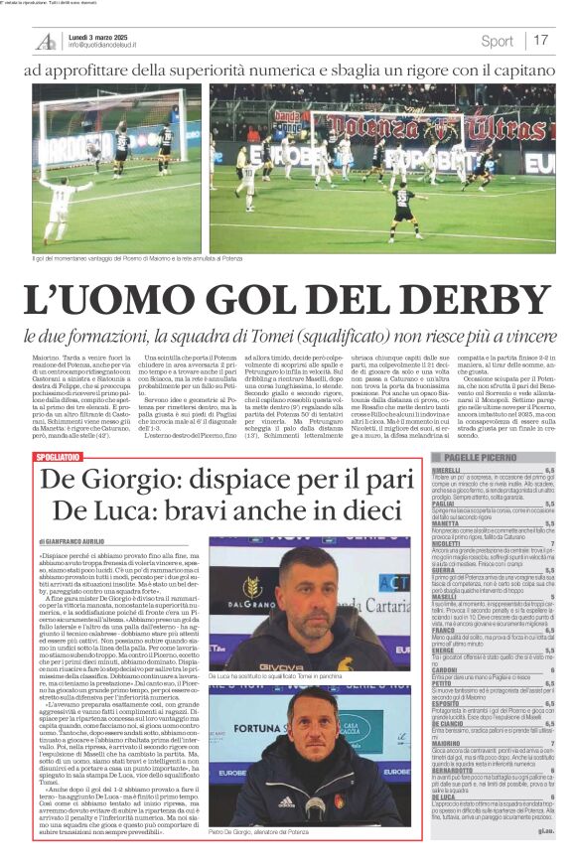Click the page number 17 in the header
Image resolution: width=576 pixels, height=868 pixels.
pos(540,41)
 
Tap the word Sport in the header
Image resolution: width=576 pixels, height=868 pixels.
pos(497,41)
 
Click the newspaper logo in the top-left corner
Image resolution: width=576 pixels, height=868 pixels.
pos(46,41)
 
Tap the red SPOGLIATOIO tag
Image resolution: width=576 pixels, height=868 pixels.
pos(57,457)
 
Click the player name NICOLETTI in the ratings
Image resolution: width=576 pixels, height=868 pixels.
pos(446,543)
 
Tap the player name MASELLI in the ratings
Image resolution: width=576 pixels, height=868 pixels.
pos(444,596)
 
